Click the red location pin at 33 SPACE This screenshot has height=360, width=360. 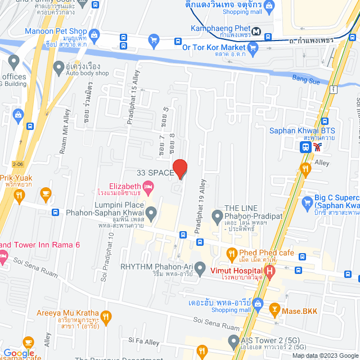point(179,168)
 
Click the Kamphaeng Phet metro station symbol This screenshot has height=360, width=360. point(256,31)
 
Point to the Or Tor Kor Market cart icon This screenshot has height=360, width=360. point(252,48)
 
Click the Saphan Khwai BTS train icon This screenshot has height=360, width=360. point(305,147)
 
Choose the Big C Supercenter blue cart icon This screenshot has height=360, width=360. point(307,202)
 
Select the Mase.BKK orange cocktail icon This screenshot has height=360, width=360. point(274,309)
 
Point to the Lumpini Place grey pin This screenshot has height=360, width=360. point(151,213)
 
